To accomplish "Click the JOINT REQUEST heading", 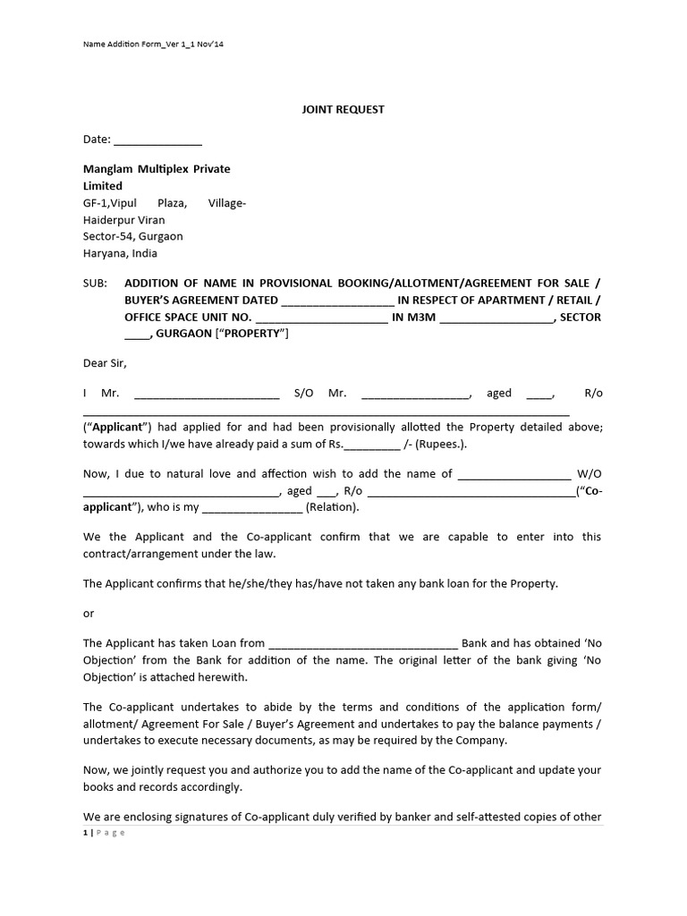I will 342,109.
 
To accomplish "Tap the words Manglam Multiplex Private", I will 157,169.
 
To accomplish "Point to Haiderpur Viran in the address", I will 123,220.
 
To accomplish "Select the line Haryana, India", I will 120,254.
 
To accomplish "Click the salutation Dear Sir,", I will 105,363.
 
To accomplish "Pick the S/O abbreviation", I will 304,393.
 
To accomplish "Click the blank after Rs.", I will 372,445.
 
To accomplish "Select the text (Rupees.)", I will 438,445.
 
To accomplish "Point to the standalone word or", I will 88,614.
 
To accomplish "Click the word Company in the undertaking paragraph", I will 484,741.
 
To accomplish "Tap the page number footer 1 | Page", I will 104,833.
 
